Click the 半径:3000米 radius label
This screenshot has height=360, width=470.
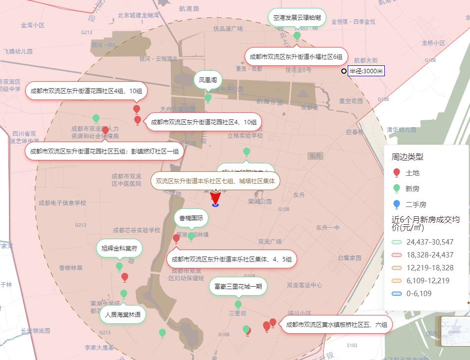coord(366,71)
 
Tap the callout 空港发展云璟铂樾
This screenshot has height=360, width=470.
coord(297,17)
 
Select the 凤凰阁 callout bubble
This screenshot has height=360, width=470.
coord(208,79)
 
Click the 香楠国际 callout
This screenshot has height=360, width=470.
coord(191,218)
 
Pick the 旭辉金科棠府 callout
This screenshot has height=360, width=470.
coord(119,248)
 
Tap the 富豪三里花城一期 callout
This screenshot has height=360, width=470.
coord(238,286)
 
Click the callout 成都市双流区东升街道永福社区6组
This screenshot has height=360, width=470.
coord(296,56)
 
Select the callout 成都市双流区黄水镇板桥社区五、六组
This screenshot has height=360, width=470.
coord(336,325)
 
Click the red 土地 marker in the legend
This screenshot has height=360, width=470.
coord(396,173)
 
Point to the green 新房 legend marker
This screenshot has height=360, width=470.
coord(396,189)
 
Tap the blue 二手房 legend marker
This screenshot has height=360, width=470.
coord(396,205)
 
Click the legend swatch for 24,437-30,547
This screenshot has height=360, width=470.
coord(396,242)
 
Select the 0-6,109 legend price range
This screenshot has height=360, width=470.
coord(396,294)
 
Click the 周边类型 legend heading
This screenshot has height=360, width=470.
coord(407,157)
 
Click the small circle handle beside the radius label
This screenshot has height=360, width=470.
coord(344,71)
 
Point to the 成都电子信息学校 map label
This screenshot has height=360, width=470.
coord(62,203)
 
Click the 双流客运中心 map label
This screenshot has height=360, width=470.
coord(304,285)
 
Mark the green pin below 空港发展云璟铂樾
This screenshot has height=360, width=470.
coord(297,36)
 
